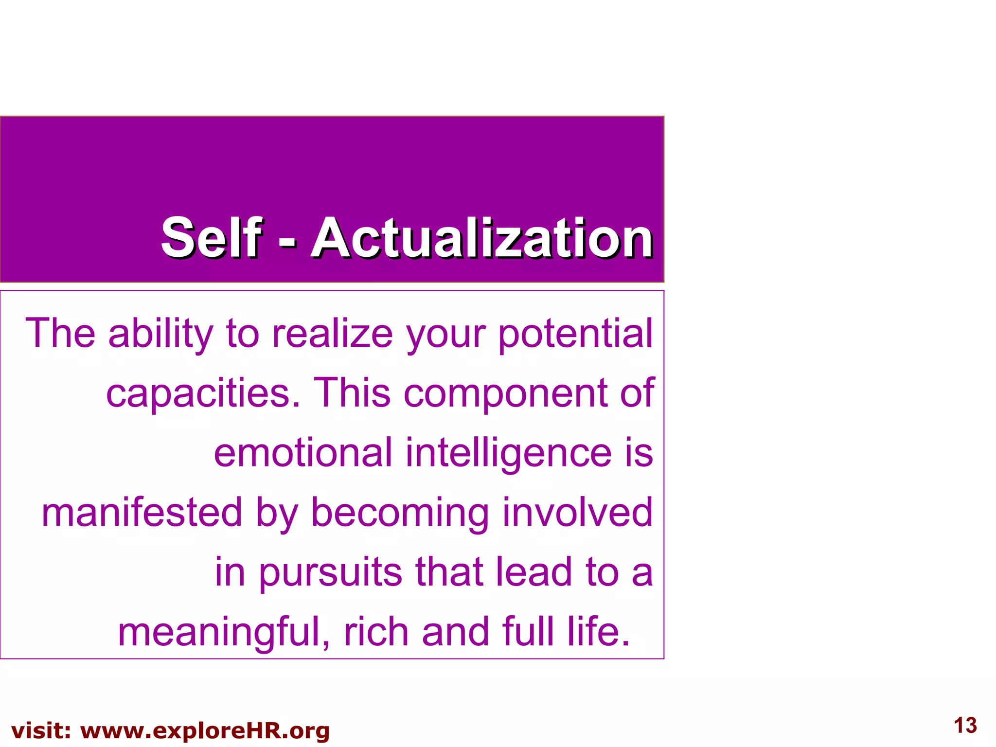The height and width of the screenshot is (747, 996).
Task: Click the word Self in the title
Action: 211,238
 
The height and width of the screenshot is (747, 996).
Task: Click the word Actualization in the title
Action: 481,238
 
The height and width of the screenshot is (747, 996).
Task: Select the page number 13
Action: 965,725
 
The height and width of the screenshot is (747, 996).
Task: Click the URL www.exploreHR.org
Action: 205,731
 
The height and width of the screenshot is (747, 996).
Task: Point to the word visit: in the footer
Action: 41,731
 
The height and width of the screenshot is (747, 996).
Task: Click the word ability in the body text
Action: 160,335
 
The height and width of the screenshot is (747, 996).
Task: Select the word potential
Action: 575,335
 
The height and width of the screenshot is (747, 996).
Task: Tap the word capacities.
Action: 203,393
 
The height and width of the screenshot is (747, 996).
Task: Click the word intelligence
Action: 508,453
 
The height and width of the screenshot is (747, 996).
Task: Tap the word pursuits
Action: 330,573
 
